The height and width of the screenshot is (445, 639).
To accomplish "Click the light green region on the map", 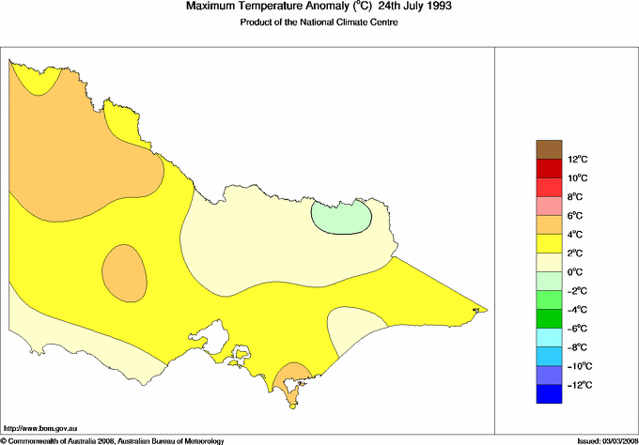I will (341, 217).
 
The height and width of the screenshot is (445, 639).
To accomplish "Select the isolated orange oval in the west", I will (123, 272).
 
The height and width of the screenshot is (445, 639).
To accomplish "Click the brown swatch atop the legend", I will (549, 149).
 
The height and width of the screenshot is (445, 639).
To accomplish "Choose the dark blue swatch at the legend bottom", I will (549, 394).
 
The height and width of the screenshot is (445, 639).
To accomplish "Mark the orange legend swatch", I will (549, 225).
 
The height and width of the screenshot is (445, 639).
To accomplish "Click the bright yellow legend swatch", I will (549, 244).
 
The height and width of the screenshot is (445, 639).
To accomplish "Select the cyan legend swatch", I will (549, 338).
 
